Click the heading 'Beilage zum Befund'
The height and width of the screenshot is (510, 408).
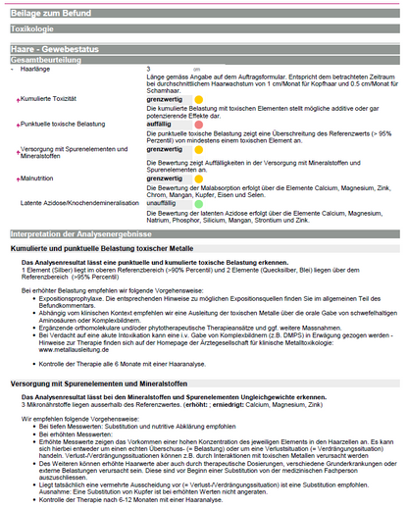click(45, 13)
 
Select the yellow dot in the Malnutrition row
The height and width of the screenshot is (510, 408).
click(199, 178)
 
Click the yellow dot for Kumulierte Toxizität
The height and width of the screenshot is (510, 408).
click(199, 100)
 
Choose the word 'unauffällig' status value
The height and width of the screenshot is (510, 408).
click(164, 203)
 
